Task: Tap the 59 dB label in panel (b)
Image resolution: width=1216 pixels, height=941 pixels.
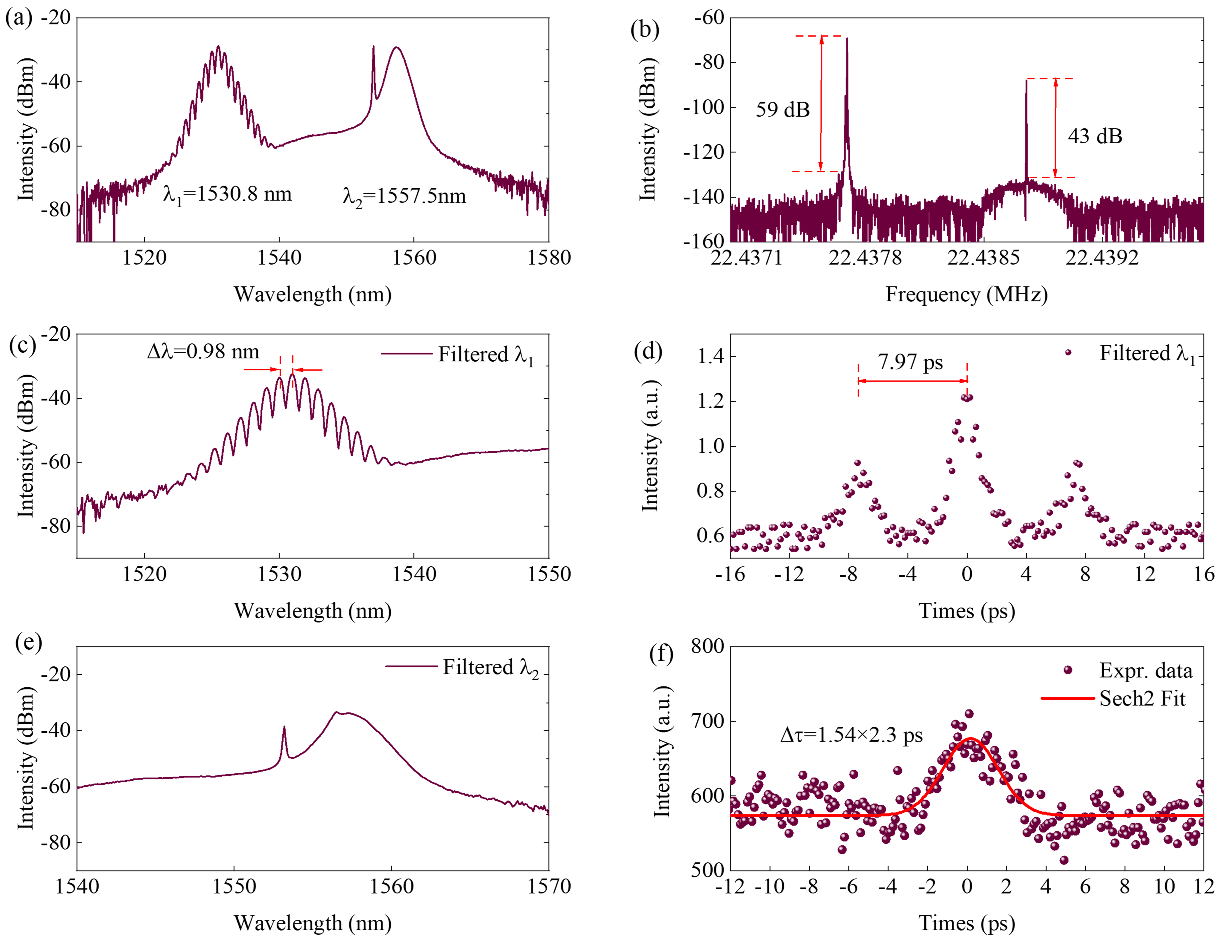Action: tap(782, 110)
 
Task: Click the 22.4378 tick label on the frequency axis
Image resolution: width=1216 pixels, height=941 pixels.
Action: tap(865, 258)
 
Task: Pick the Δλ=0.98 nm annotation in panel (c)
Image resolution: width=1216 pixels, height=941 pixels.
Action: tap(203, 352)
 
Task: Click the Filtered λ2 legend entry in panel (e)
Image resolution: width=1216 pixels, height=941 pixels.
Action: tap(462, 667)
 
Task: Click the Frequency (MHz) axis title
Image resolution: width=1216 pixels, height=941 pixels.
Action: tap(967, 294)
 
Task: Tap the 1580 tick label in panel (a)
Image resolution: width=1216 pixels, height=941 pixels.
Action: tap(549, 258)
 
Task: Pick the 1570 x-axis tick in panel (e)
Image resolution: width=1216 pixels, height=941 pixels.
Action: tap(549, 886)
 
